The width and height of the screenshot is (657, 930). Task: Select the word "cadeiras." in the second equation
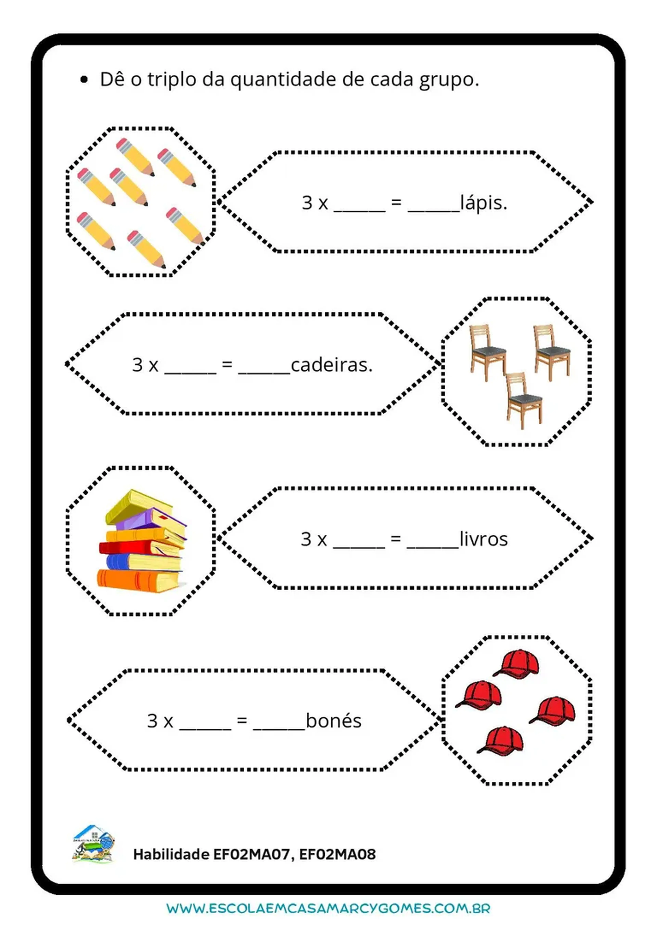click(332, 365)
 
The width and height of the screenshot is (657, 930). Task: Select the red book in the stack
click(126, 548)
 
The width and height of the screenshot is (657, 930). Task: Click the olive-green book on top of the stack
click(134, 504)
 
